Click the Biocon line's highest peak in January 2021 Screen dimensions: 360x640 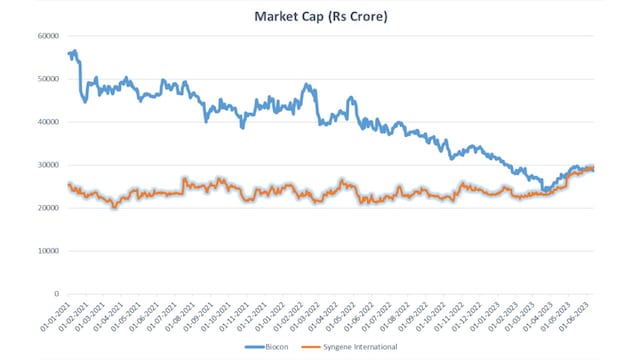[x=75, y=50]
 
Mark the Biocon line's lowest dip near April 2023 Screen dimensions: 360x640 [x=545, y=189]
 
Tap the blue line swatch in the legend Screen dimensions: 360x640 [x=255, y=346]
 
